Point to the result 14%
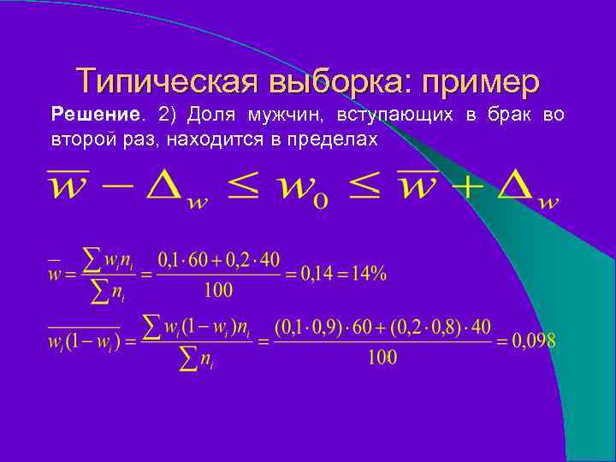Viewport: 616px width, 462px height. click(x=367, y=274)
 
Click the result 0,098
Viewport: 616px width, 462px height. click(x=535, y=341)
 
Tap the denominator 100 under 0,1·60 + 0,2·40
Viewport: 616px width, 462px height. click(x=218, y=290)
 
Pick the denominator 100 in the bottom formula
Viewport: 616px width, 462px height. click(x=382, y=358)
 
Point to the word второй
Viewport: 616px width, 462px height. click(x=76, y=139)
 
